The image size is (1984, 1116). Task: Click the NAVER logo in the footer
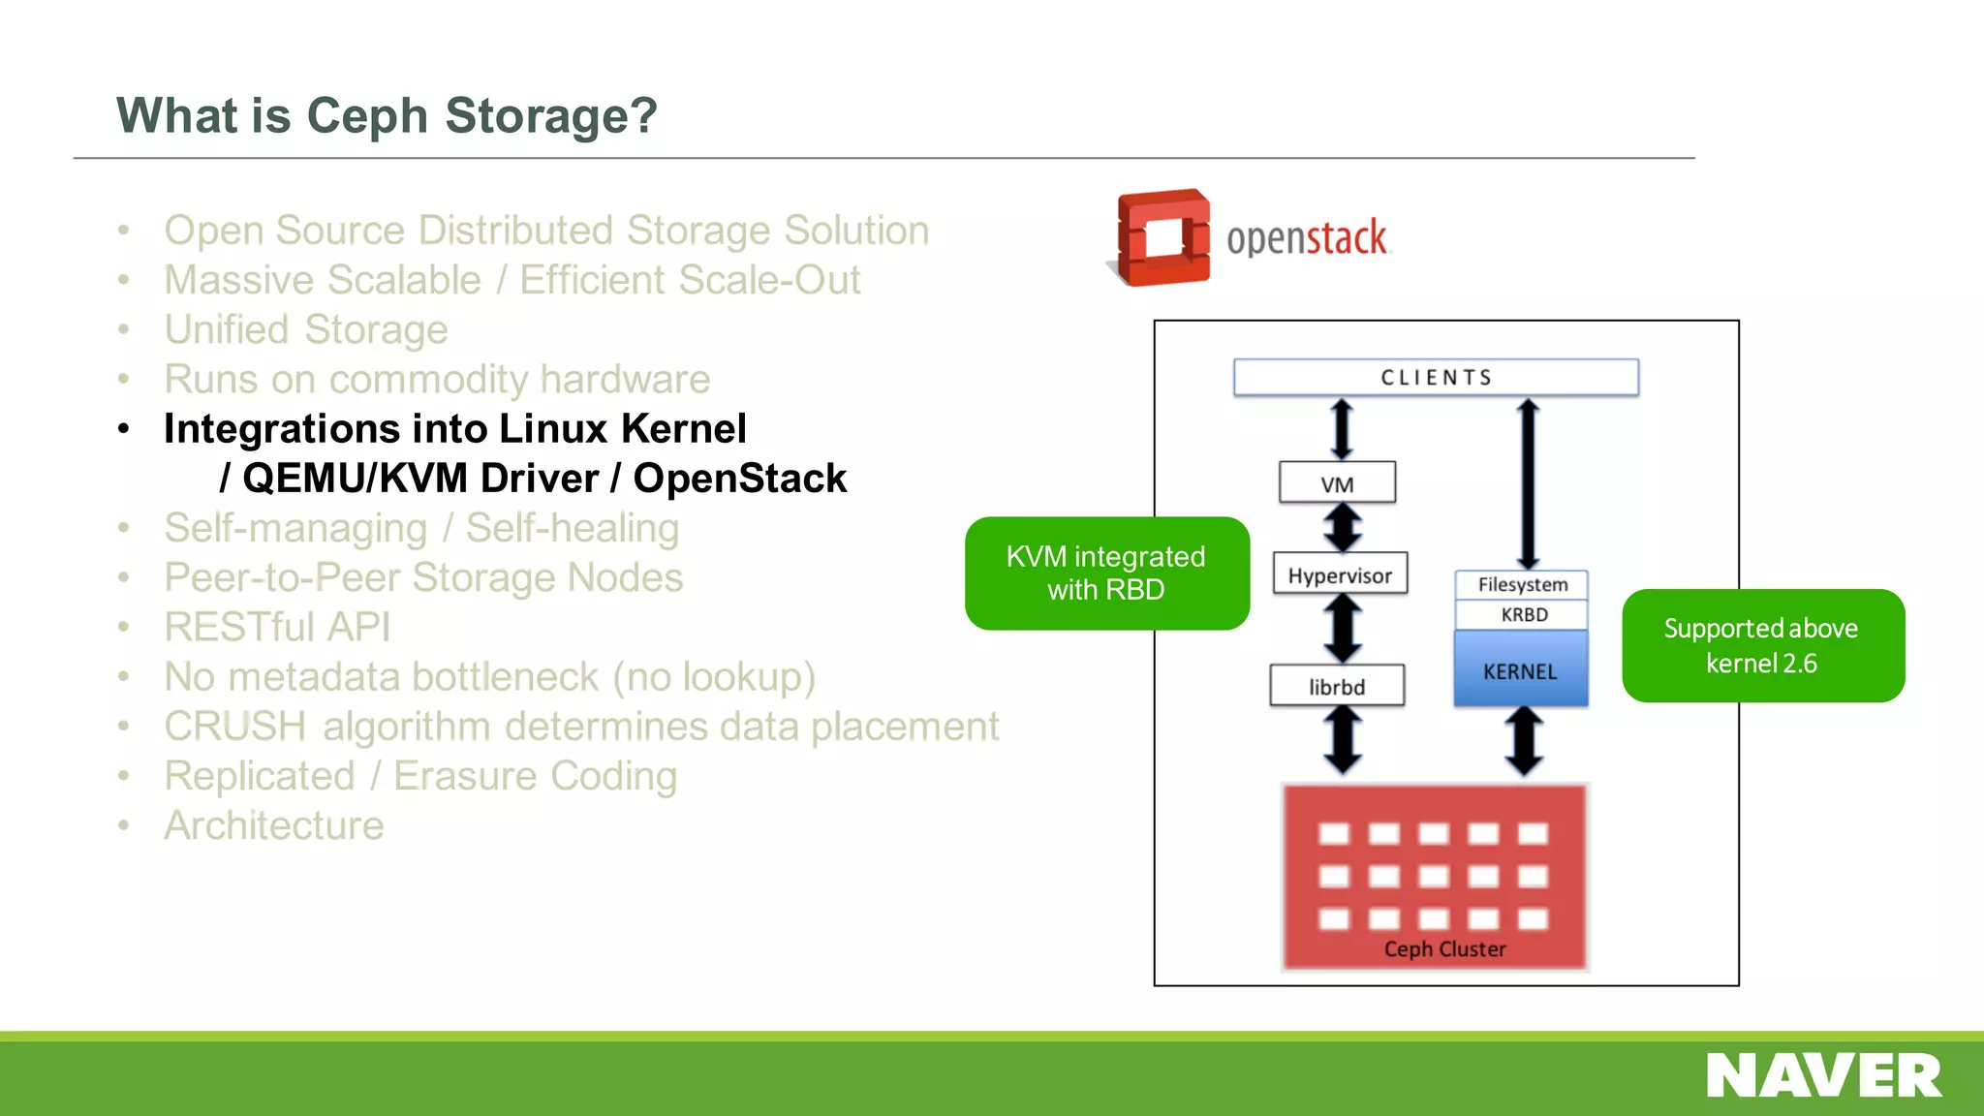pos(1823,1076)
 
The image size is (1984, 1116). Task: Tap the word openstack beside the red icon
pos(1306,238)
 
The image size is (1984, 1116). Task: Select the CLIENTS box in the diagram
pos(1436,377)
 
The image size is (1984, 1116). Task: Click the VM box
pos(1337,482)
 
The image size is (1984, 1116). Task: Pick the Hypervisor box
pos(1340,574)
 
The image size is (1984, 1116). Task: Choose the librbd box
pos(1337,686)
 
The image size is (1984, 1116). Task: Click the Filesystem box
pos(1522,584)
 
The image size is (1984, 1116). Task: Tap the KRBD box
pos(1523,614)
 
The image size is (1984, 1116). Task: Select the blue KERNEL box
pos(1520,670)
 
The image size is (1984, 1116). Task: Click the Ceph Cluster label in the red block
pos(1444,948)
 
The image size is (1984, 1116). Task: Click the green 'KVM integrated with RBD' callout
pos(1106,573)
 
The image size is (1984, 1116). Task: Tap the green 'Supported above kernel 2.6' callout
pos(1762,645)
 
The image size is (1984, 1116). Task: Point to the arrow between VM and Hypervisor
pos(1343,528)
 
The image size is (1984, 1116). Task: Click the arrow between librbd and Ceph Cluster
pos(1343,740)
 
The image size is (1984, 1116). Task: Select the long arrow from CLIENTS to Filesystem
pos(1528,484)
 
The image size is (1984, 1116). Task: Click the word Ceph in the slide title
pos(367,116)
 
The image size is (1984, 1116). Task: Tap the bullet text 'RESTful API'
pos(277,627)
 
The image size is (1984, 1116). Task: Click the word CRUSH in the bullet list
pos(235,727)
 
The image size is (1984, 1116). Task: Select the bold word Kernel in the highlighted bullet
pos(683,428)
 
